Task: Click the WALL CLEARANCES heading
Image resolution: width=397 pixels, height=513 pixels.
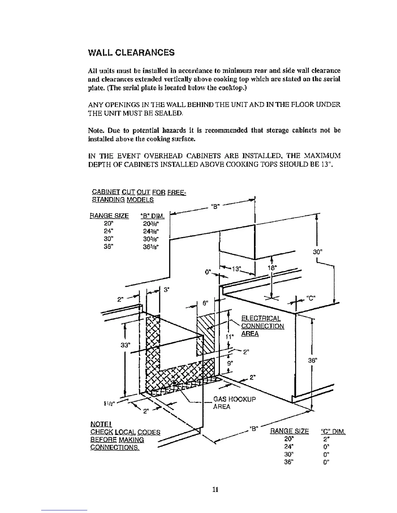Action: pos(131,52)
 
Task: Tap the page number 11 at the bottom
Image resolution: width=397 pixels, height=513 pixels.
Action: pos(214,490)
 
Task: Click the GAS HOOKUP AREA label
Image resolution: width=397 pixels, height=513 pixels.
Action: pos(234,403)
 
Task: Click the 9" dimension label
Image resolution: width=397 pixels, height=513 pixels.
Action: pos(230,363)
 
